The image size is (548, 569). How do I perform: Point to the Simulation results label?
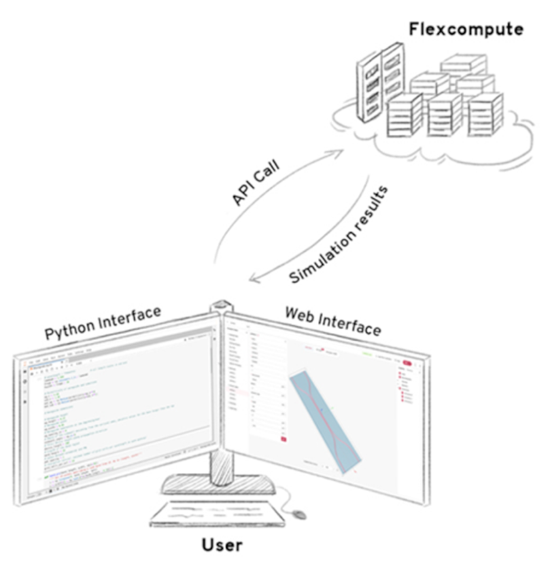339,235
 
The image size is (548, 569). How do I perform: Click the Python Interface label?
103,324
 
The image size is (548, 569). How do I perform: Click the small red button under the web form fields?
284,440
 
